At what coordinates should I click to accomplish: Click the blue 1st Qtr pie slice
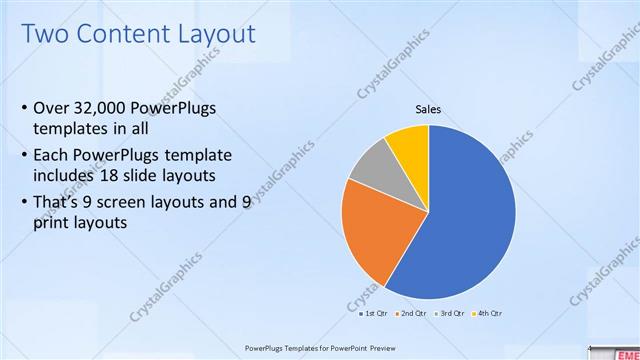(470, 215)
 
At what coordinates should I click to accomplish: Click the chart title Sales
(428, 109)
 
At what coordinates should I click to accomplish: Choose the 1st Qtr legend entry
(374, 313)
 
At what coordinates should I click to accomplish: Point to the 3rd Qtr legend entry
(449, 313)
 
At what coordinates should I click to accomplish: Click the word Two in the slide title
(46, 34)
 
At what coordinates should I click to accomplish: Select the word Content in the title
(124, 34)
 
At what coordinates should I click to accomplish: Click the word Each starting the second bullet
(52, 156)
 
